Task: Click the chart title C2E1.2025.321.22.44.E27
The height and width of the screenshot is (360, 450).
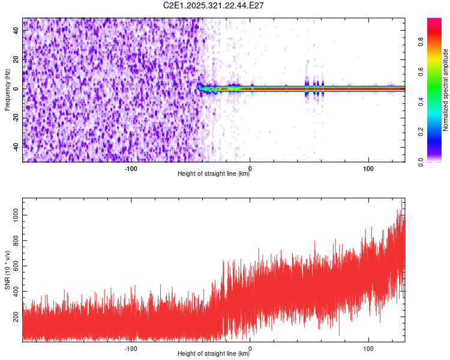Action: point(214,5)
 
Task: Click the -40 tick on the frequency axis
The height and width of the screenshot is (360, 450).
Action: point(15,146)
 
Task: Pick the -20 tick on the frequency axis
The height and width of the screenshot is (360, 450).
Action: point(15,118)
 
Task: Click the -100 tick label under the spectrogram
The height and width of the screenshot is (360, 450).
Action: point(131,167)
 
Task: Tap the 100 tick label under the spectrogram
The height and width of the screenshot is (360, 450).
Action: point(368,167)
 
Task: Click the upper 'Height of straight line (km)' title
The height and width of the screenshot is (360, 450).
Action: point(214,174)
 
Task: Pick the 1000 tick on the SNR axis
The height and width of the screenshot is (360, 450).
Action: point(14,214)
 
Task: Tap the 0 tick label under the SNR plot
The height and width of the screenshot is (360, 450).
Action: point(250,347)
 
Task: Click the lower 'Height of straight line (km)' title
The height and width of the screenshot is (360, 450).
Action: point(214,354)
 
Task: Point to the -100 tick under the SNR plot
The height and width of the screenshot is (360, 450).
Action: point(131,347)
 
